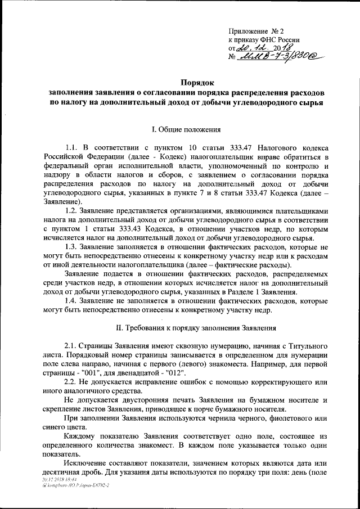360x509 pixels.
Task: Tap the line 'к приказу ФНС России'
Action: (264, 40)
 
